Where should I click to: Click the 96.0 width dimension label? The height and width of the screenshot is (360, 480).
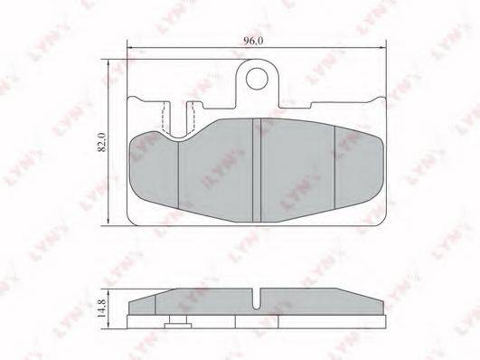[253, 41]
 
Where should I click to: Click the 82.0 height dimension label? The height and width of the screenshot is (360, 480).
[101, 142]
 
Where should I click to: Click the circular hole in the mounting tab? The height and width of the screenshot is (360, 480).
[257, 79]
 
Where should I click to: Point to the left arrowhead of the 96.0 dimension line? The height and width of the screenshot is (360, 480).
[130, 48]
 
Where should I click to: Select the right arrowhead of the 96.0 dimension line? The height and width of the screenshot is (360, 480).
[383, 48]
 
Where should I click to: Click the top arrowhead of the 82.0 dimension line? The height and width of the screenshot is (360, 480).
[108, 62]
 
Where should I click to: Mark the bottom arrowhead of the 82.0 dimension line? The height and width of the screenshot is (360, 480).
[108, 223]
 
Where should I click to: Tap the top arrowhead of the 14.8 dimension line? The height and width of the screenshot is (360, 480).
[108, 292]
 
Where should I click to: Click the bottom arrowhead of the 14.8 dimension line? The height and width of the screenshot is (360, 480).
[108, 326]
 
